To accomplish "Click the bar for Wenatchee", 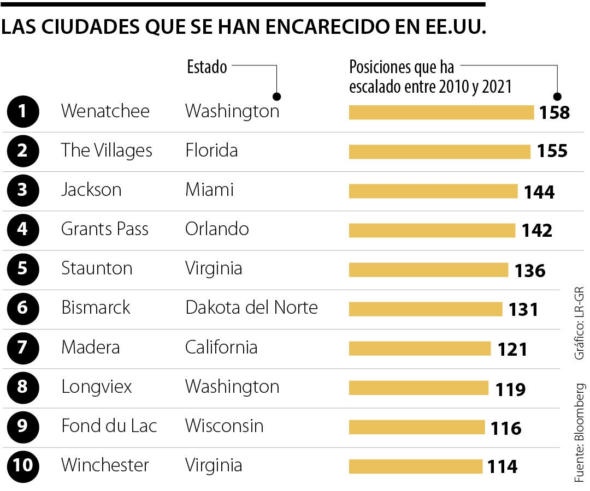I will tap(441, 112).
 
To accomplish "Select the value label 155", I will tap(552, 151).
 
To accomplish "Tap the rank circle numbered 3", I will tap(22, 190).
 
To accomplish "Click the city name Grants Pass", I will tap(104, 229).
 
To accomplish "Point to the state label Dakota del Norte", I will tap(251, 308).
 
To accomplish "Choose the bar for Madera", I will tap(420, 348).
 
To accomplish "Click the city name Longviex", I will tap(97, 387).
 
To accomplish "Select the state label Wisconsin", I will tap(224, 426).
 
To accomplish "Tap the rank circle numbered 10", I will tap(22, 466).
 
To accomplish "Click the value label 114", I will tap(502, 467).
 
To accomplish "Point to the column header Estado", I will tap(207, 67).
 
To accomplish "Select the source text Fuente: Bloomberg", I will tap(580, 432).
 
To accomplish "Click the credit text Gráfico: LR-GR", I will tap(580, 322).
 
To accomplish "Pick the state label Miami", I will tap(209, 190).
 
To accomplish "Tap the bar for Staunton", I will tap(428, 270).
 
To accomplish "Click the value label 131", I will tap(523, 309).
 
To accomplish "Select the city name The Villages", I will tap(107, 151).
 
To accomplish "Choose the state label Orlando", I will tap(217, 229).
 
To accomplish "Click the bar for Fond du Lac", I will tap(416, 427).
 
